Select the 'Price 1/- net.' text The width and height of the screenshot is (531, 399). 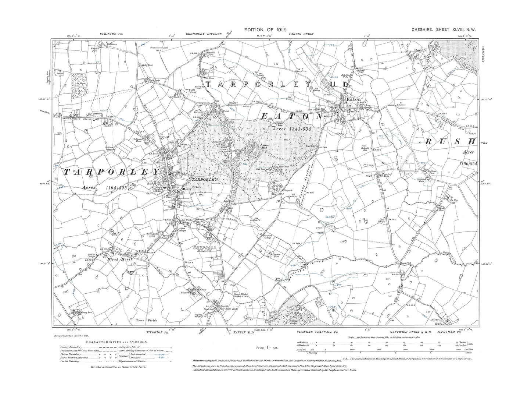tap(267, 347)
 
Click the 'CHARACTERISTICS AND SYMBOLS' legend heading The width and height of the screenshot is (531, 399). tap(117, 342)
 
